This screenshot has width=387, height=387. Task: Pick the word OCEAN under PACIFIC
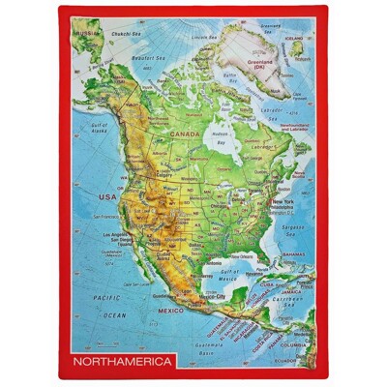115,314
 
